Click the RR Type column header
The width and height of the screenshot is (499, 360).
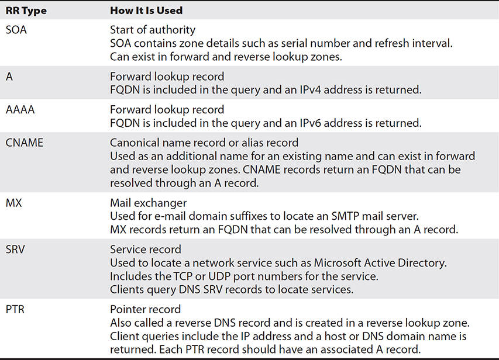tap(26, 11)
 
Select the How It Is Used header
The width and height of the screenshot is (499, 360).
tap(146, 11)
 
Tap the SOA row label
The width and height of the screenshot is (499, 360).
tap(16, 30)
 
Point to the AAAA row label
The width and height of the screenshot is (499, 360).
tap(20, 110)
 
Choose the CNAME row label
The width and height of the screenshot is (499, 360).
tap(25, 143)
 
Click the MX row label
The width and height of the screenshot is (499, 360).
tap(13, 203)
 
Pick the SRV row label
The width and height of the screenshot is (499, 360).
tap(15, 250)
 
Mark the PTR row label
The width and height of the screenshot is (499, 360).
tap(15, 309)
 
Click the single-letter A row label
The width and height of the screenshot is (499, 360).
tap(9, 77)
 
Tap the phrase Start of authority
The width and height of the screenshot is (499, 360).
tap(153, 30)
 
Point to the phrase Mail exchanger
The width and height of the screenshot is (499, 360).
tap(149, 203)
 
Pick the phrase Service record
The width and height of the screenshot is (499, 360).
tap(146, 250)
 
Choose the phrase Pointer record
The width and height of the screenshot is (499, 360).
tap(146, 309)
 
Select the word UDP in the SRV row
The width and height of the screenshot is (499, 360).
tap(219, 276)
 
